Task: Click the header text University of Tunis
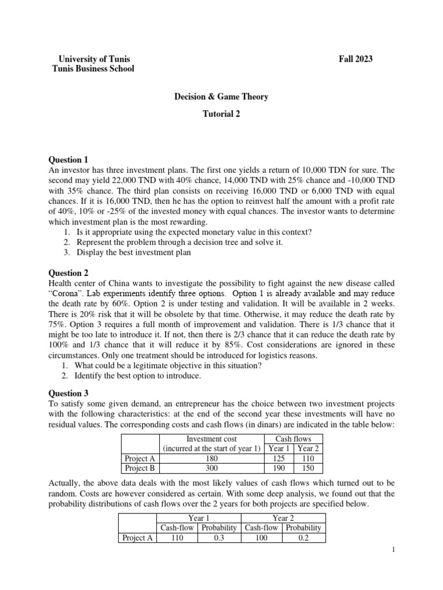click(x=95, y=59)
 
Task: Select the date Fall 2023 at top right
click(x=355, y=59)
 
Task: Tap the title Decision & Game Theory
click(x=221, y=97)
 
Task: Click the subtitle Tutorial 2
click(x=221, y=114)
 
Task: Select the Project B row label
click(x=140, y=468)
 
